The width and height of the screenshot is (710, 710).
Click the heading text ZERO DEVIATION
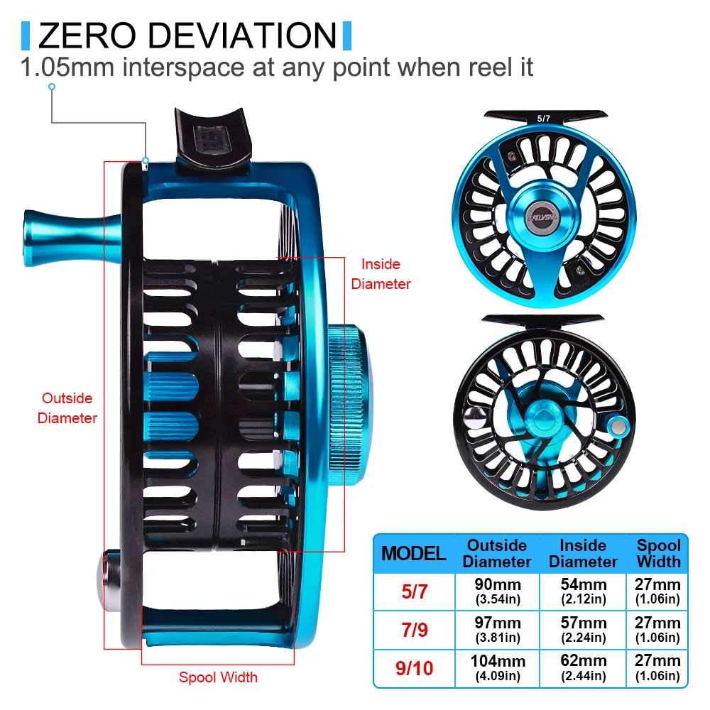point(187,36)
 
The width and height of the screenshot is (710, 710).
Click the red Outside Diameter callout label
point(67,408)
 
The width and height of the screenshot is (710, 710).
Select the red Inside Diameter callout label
point(381,274)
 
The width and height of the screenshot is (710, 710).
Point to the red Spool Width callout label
point(218,677)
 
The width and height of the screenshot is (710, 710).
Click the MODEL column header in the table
point(414,554)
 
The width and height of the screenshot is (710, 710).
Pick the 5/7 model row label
point(415,591)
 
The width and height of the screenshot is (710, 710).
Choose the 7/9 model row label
point(415,630)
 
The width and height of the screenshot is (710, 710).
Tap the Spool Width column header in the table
point(658,554)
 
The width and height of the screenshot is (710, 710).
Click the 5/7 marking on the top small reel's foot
point(543,119)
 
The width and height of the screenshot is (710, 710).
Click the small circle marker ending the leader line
point(51,87)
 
